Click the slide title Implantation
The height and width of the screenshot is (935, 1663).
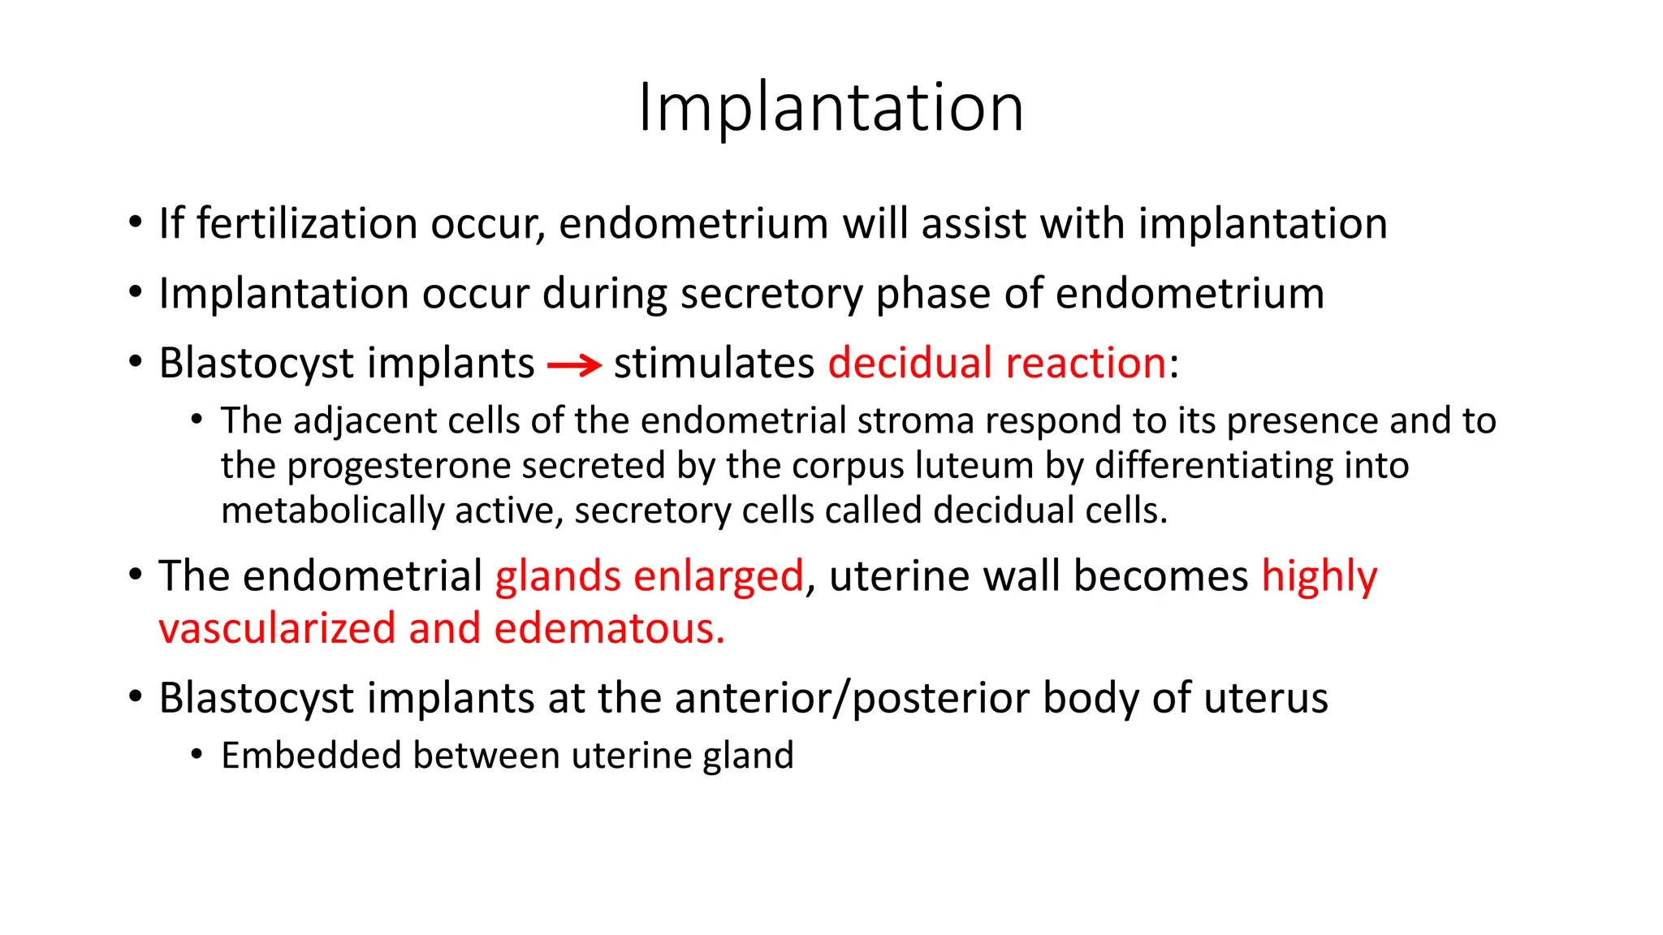tap(831, 107)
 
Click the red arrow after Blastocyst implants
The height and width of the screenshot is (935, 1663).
tap(574, 366)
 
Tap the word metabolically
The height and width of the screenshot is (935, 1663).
tap(331, 511)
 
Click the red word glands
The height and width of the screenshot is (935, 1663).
tap(558, 576)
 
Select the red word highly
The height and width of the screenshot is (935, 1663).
tap(1319, 576)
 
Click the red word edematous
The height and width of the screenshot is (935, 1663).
tap(608, 629)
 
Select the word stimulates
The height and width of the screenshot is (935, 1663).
tap(713, 363)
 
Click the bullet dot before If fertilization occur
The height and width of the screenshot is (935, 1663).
tap(136, 222)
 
